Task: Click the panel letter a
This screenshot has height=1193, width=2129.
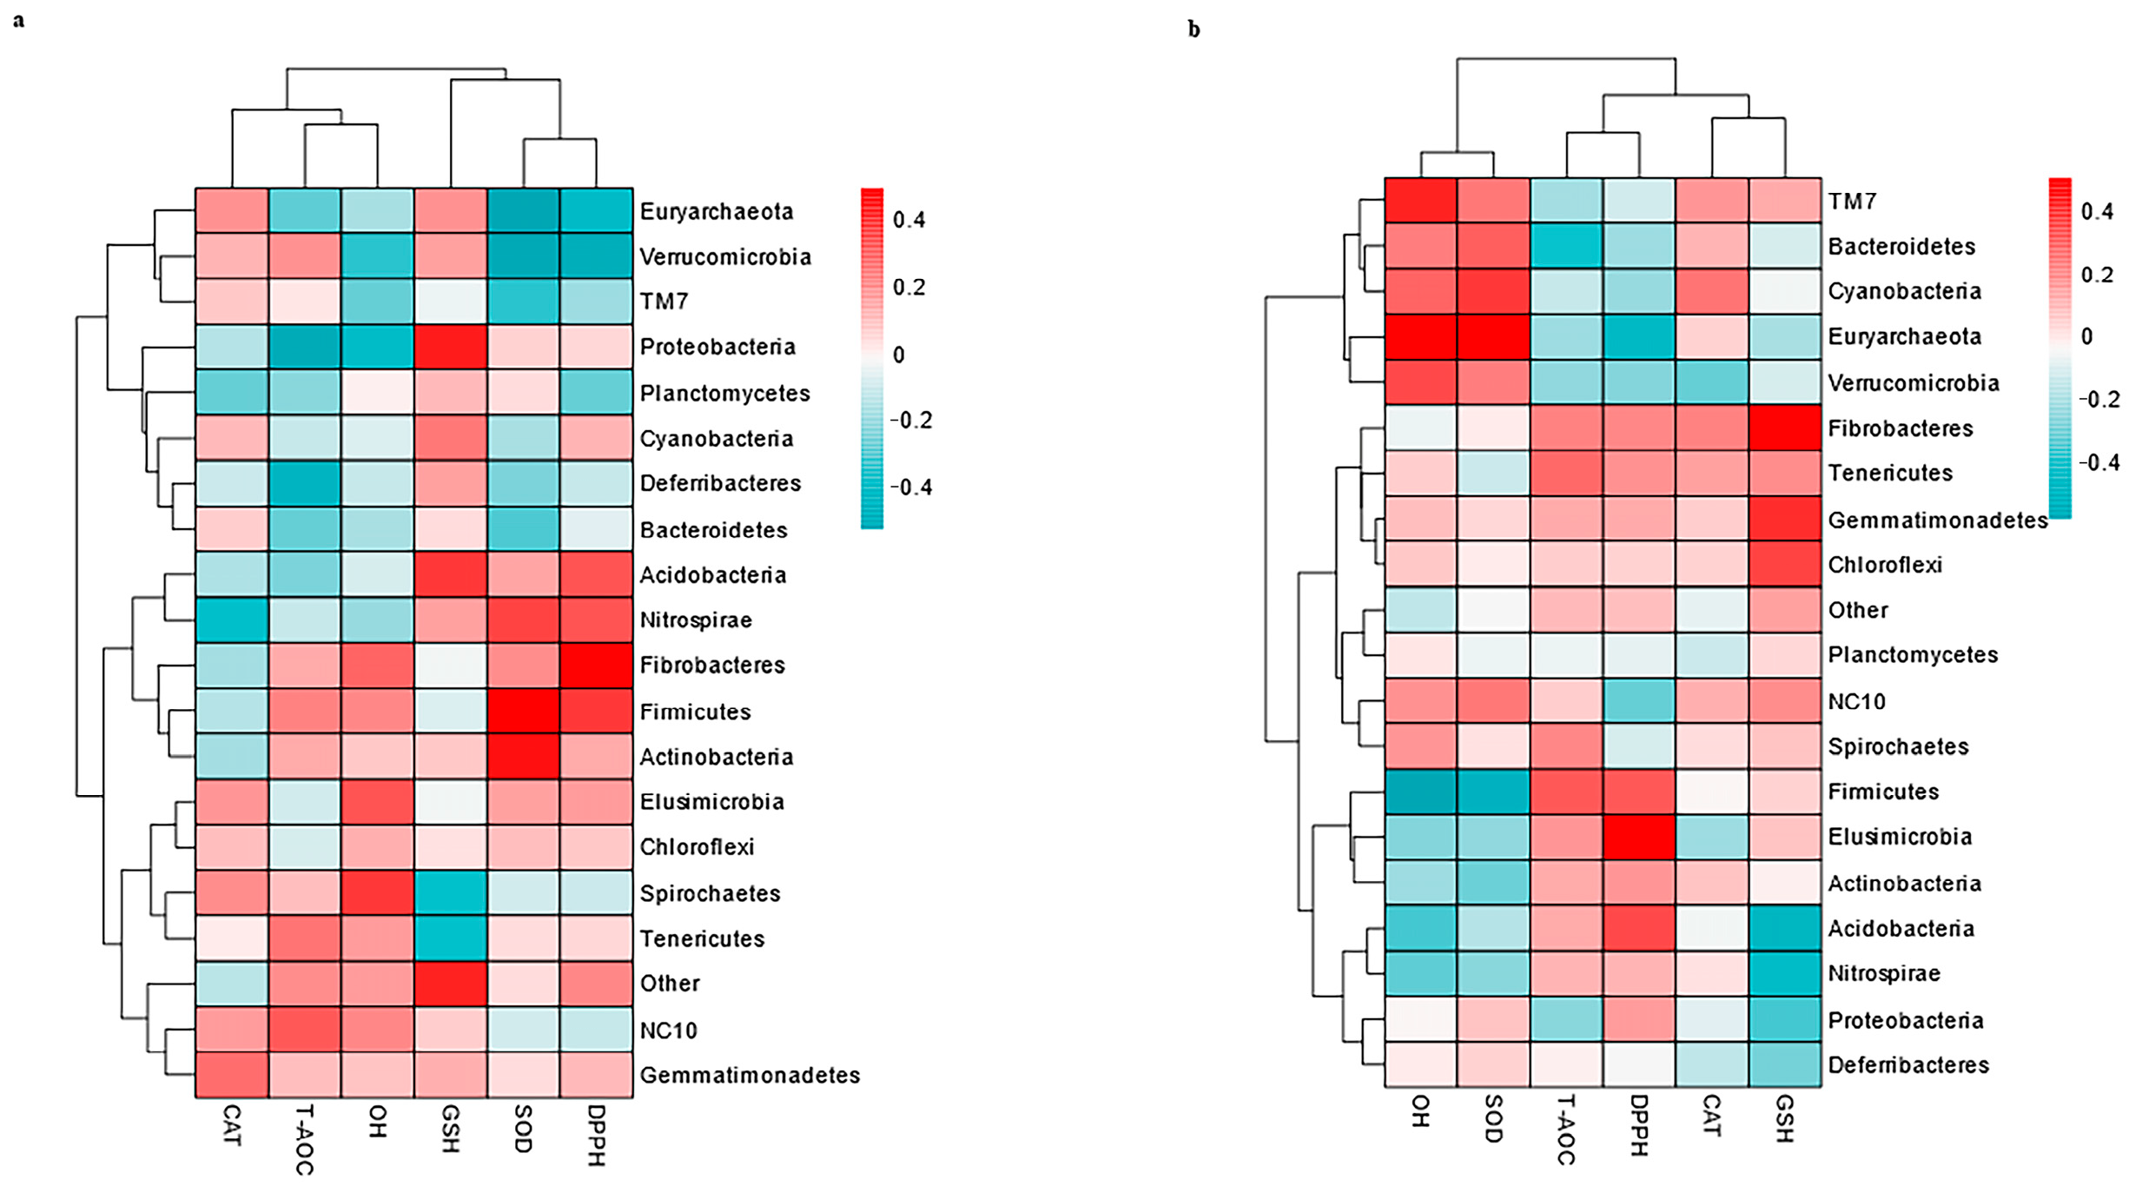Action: click(x=18, y=20)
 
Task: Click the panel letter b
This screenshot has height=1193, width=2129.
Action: click(x=1193, y=30)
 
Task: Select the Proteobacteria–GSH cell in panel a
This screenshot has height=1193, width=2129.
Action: click(x=450, y=347)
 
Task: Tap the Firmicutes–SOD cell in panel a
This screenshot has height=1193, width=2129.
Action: click(x=523, y=711)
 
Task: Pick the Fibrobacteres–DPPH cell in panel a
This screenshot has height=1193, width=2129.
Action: click(x=596, y=665)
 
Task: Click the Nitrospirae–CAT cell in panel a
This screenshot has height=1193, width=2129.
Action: click(x=232, y=620)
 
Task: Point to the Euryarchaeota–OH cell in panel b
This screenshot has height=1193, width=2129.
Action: click(x=1420, y=336)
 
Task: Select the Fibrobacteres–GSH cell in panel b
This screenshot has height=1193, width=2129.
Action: click(x=1784, y=427)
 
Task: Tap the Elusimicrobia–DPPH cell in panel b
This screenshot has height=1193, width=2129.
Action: click(x=1639, y=837)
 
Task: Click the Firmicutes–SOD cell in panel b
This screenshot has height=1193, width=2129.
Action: click(x=1493, y=792)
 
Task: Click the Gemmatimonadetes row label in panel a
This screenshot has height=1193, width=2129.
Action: click(x=750, y=1075)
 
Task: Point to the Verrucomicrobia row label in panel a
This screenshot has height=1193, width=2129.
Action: click(x=725, y=256)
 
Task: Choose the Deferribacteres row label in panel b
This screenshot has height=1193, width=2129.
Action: click(x=1908, y=1064)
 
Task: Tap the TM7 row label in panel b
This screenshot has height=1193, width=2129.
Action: click(x=1852, y=201)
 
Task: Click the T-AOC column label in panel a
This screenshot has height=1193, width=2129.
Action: click(x=304, y=1139)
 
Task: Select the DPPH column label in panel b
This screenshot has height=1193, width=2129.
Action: click(x=1639, y=1125)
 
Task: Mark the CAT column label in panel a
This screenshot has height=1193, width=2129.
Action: click(x=232, y=1125)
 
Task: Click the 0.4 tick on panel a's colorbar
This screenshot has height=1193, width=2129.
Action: click(x=909, y=220)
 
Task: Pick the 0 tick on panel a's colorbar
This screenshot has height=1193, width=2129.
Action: click(x=898, y=355)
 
